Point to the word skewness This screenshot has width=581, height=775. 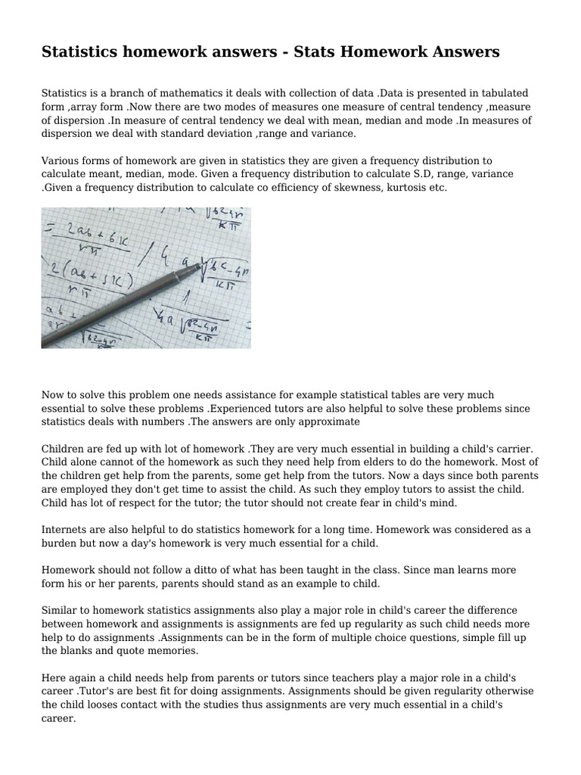tap(334, 186)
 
